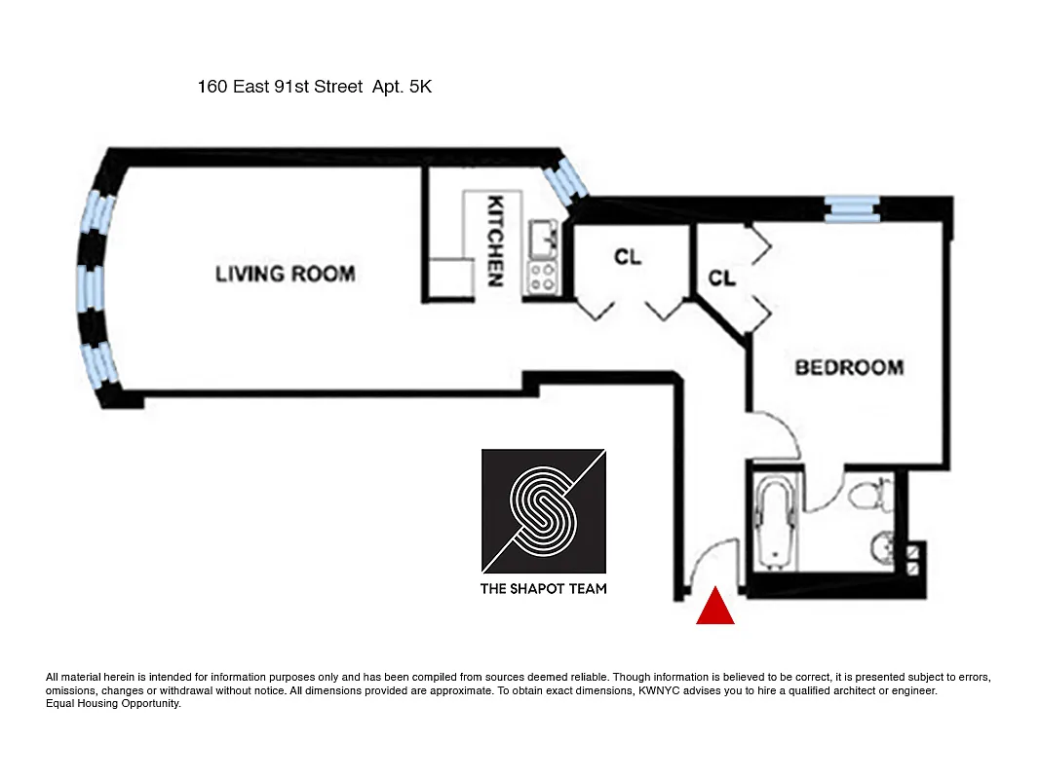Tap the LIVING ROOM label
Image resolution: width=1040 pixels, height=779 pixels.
285,274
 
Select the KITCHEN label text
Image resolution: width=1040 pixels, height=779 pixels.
496,241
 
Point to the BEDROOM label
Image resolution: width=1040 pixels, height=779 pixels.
849,367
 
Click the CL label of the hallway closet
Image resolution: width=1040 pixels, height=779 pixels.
628,257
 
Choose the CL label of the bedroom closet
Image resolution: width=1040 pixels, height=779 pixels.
721,278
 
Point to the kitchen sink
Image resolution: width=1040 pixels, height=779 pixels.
541,237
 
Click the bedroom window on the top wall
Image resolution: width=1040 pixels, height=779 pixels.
851,208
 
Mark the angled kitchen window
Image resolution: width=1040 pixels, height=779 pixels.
565,182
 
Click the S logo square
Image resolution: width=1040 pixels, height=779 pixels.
544,511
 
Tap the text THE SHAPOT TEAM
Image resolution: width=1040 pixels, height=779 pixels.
544,588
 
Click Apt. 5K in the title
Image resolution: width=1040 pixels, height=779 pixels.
402,87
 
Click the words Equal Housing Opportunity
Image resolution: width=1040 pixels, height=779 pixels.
113,703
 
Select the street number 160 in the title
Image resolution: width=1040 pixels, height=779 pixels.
212,87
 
